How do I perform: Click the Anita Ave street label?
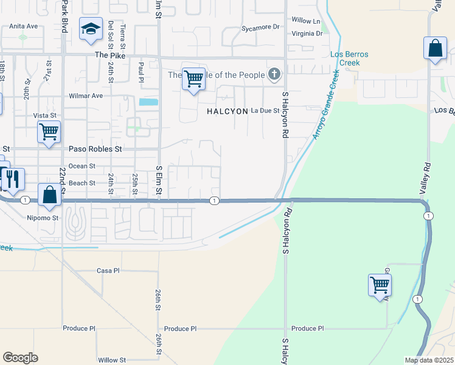click(x=24, y=26)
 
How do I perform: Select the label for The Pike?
click(x=109, y=55)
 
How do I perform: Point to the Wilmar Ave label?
click(x=86, y=96)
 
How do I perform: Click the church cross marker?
click(x=274, y=75)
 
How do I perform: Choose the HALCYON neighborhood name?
click(x=227, y=111)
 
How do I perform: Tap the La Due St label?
click(x=265, y=111)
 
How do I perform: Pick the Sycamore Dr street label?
click(x=260, y=27)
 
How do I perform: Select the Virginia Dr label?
click(x=306, y=33)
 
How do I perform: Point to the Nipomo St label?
click(x=43, y=217)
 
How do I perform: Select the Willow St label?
click(x=112, y=360)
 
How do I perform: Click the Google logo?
click(x=20, y=358)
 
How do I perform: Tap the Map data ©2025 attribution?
click(x=428, y=360)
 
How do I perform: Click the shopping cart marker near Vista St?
click(x=48, y=131)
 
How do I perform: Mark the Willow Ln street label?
click(x=306, y=21)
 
